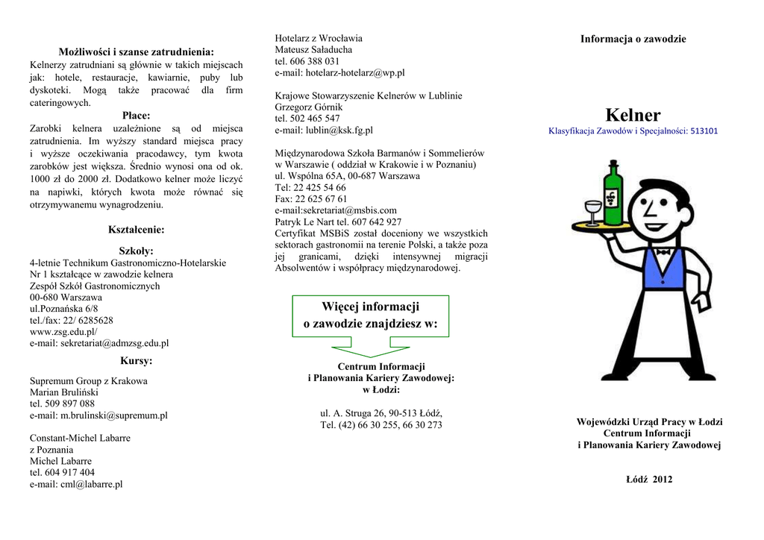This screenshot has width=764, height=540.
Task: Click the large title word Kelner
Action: (x=633, y=115)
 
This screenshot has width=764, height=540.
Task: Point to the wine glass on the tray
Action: (x=594, y=209)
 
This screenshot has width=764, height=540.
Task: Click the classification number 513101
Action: (x=704, y=131)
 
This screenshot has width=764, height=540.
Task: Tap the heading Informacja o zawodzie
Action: (x=633, y=39)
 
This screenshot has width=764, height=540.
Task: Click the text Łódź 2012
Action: (x=648, y=479)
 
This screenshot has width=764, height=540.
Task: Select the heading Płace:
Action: (x=137, y=116)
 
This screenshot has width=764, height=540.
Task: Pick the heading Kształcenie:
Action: (x=137, y=230)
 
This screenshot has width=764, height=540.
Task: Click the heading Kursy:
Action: (x=137, y=361)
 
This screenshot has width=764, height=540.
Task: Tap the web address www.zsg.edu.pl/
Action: (x=63, y=331)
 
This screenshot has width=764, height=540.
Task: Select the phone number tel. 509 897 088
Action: (x=63, y=404)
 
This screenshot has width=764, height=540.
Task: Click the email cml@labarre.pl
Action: (x=91, y=483)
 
